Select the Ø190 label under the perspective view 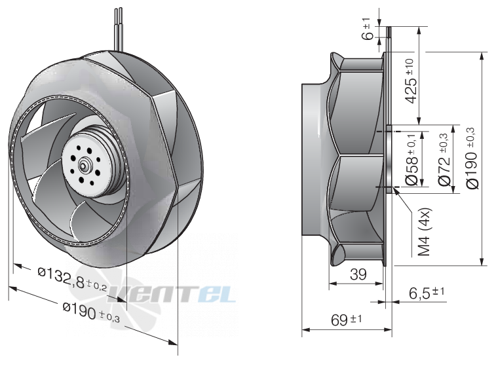pyautogui.click(x=91, y=312)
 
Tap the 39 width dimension pyautogui.click(x=358, y=274)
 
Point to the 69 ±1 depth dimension pyautogui.click(x=346, y=320)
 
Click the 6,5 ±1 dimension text pyautogui.click(x=427, y=293)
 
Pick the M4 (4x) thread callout pyautogui.click(x=424, y=232)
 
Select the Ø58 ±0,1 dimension pyautogui.click(x=411, y=159)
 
